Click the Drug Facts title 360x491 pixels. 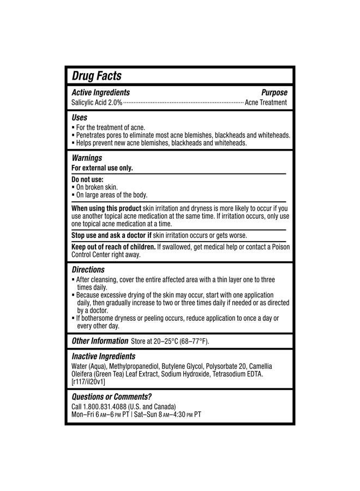tap(97, 76)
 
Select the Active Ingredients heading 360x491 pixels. tap(101, 93)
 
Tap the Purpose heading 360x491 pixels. tap(274, 93)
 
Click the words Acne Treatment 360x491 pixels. tap(266, 103)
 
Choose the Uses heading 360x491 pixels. tap(79, 117)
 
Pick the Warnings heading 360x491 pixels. tap(87, 158)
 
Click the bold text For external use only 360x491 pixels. tap(102, 168)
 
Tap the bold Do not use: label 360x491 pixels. tap(87, 179)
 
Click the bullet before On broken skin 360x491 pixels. tap(74, 187)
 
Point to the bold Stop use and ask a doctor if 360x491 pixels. tap(111, 236)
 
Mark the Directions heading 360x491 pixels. tap(88, 270)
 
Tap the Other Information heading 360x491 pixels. tap(100, 341)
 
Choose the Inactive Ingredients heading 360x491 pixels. tap(104, 356)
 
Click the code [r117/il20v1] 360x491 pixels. tap(88, 382)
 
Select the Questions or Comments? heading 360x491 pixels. tap(112, 397)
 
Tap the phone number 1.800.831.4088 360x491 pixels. tap(104, 406)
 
